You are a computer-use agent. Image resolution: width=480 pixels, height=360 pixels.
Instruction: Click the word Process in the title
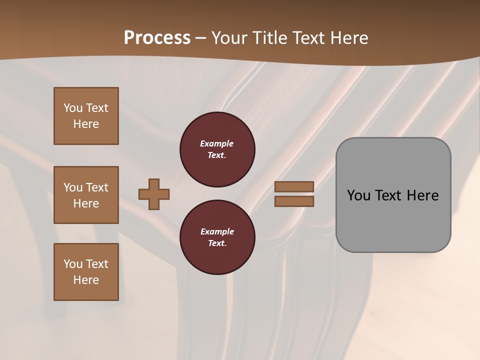[x=157, y=38]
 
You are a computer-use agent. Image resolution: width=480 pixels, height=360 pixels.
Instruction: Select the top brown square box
[x=86, y=116]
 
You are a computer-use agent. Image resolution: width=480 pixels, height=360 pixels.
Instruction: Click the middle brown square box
[x=86, y=195]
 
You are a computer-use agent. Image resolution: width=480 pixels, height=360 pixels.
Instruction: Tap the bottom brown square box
[x=86, y=272]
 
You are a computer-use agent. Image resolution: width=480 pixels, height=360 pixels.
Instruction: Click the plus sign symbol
[x=154, y=194]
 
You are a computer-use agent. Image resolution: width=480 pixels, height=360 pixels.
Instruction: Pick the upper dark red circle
[x=217, y=149]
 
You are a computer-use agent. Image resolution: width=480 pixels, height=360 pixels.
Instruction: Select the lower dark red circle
[x=217, y=237]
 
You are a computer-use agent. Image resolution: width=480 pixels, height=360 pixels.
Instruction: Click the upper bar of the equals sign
[x=294, y=186]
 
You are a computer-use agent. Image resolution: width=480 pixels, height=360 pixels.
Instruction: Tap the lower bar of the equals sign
[x=294, y=201]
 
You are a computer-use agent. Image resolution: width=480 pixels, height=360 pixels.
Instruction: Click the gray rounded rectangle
[x=393, y=195]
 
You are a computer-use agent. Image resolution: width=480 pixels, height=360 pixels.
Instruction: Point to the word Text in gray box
[x=389, y=195]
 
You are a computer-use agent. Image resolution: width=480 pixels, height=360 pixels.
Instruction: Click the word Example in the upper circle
[x=217, y=143]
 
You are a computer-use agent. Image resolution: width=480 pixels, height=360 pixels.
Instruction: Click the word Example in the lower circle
[x=217, y=231]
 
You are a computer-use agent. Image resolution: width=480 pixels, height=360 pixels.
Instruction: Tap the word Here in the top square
[x=86, y=124]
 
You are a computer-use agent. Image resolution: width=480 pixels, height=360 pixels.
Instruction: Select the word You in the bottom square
[x=73, y=264]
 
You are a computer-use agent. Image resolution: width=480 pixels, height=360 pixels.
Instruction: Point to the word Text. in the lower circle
[x=217, y=243]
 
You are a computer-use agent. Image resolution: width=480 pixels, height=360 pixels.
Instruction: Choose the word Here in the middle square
[x=86, y=203]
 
